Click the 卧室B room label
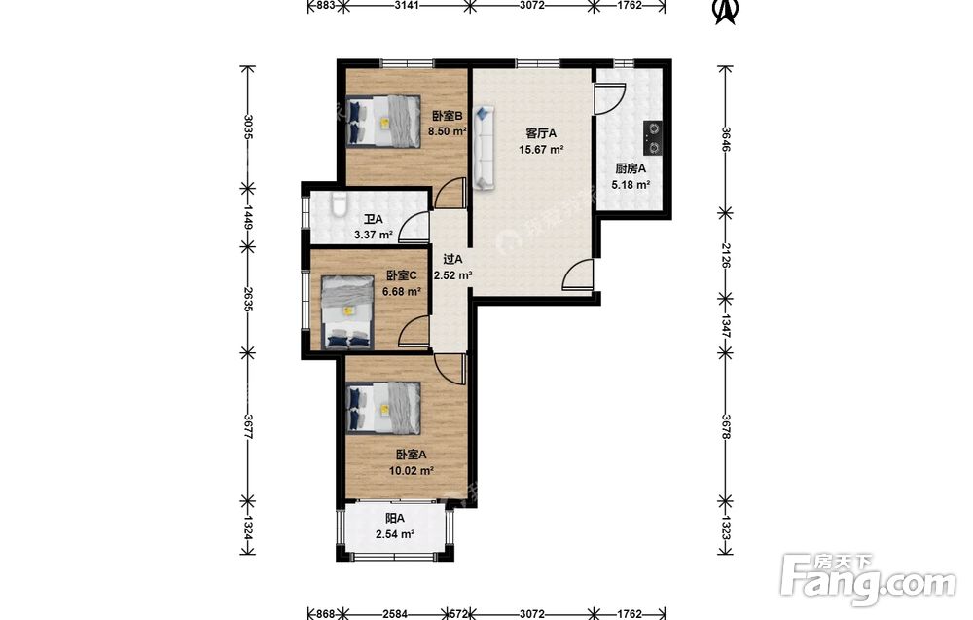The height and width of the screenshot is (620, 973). click(x=448, y=116)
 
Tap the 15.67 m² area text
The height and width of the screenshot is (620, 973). click(x=541, y=149)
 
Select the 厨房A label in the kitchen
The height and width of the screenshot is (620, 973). click(x=631, y=168)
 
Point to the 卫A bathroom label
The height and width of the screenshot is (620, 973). click(x=374, y=219)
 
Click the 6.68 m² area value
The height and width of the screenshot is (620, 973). click(x=402, y=291)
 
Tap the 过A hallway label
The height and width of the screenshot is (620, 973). click(x=452, y=260)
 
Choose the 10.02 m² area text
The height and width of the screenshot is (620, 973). click(x=412, y=470)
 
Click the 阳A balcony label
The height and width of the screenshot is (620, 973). click(x=395, y=518)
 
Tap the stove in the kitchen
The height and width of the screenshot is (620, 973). click(x=652, y=138)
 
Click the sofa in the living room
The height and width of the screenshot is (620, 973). click(x=485, y=147)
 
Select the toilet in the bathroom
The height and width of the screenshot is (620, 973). click(x=339, y=204)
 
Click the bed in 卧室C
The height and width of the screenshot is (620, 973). click(x=347, y=312)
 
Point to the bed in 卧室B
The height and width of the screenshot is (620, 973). click(x=383, y=121)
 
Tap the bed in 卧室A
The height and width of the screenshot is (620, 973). click(x=383, y=408)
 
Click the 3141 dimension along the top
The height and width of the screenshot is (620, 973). click(x=408, y=6)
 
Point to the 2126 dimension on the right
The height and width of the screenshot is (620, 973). click(x=726, y=255)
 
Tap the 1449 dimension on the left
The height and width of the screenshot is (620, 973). click(x=247, y=217)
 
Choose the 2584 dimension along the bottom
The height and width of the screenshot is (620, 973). click(x=395, y=614)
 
